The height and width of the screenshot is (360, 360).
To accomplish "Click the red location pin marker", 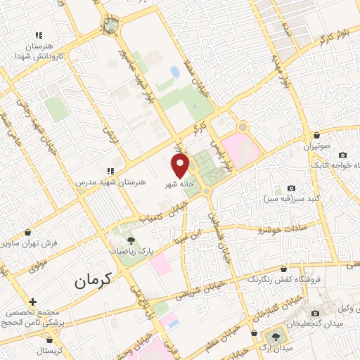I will [x=181, y=165].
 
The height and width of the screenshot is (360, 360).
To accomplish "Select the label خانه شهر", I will [x=179, y=183].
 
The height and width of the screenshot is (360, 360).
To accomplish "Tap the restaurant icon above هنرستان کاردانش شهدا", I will [x=40, y=35].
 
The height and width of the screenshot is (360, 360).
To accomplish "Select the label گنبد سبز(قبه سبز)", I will [x=293, y=199].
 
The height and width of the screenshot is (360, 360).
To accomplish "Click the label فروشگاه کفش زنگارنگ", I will [x=284, y=279].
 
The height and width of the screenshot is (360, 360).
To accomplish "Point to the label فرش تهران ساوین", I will [x=28, y=243].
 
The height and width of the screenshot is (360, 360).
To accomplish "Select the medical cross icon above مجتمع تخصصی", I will [x=32, y=302].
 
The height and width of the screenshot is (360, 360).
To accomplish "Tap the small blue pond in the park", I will [x=174, y=72].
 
